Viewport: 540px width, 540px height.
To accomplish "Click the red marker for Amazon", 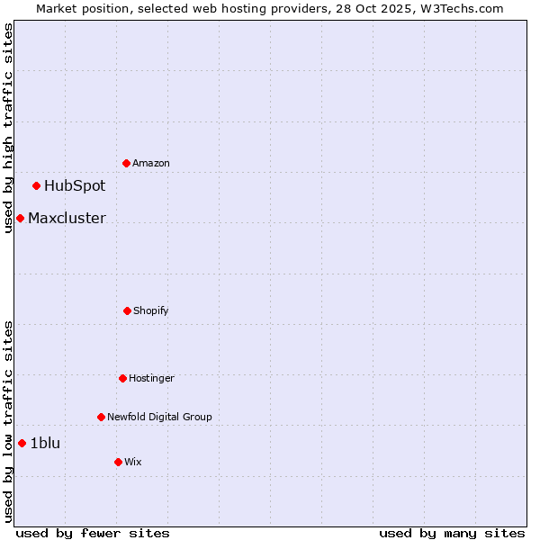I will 127,163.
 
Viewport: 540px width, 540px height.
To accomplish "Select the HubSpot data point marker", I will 37,186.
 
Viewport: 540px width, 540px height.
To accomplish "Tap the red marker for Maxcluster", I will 20,218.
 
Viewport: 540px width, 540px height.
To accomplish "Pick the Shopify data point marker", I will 127,310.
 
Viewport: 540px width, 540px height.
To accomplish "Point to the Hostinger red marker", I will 122,378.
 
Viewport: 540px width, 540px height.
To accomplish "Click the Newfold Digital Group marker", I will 101,417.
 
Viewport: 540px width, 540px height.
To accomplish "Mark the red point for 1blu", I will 22,443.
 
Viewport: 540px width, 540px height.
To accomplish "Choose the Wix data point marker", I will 118,462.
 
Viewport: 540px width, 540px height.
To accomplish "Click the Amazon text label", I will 151,164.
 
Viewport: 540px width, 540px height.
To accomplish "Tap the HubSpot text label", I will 75,186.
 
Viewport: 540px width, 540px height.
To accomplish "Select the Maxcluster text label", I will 67,218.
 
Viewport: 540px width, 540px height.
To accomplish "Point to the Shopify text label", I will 151,311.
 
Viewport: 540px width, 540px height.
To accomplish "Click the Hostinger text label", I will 151,379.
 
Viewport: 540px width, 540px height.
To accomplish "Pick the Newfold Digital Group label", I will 159,418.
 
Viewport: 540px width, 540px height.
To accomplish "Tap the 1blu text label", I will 45,443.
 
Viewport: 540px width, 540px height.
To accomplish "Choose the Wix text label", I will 133,463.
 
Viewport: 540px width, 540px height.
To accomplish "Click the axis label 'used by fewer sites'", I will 93,533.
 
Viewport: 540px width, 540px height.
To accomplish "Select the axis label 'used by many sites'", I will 452,533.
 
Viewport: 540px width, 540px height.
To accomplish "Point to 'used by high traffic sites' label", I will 8,129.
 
